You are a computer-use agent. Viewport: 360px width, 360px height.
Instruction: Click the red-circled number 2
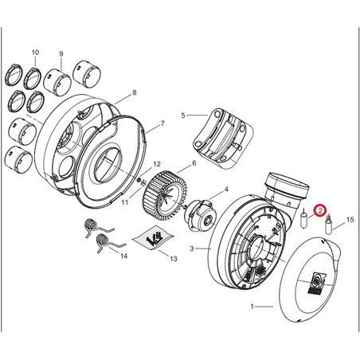(x=319, y=211)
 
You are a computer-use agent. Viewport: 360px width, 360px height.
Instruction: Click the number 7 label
(x=162, y=123)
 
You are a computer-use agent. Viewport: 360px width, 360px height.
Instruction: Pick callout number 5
(x=183, y=115)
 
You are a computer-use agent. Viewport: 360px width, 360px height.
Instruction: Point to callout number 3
(x=192, y=249)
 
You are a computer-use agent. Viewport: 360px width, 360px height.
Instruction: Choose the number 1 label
(x=253, y=306)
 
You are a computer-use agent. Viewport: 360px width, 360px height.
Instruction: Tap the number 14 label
(x=122, y=257)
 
